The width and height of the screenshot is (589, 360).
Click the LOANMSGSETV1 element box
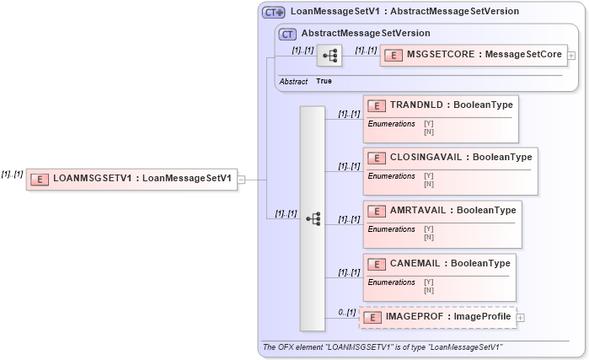click(x=131, y=179)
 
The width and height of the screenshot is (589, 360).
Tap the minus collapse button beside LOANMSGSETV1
click(x=242, y=179)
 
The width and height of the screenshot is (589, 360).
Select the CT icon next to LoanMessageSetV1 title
click(x=273, y=13)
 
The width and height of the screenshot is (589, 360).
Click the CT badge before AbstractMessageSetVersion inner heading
click(x=286, y=34)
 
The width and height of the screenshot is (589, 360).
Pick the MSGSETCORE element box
click(x=474, y=56)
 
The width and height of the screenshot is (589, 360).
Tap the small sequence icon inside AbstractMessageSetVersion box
click(x=329, y=56)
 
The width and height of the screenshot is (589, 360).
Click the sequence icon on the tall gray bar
click(x=313, y=218)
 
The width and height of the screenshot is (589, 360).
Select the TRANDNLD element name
click(x=451, y=105)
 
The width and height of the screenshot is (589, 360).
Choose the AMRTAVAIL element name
click(x=452, y=210)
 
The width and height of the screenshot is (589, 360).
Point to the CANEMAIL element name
click(x=450, y=263)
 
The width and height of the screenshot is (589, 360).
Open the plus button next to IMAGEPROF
click(x=520, y=318)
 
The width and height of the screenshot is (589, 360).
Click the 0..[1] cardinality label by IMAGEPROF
click(x=346, y=313)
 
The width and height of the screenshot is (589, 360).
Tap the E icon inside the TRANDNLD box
click(x=377, y=105)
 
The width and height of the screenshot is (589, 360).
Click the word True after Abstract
click(x=324, y=82)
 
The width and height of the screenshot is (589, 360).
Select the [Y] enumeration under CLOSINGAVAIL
click(x=428, y=175)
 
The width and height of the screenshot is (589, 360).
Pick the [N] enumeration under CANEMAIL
click(x=428, y=290)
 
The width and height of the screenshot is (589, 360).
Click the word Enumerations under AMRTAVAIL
click(x=392, y=228)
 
